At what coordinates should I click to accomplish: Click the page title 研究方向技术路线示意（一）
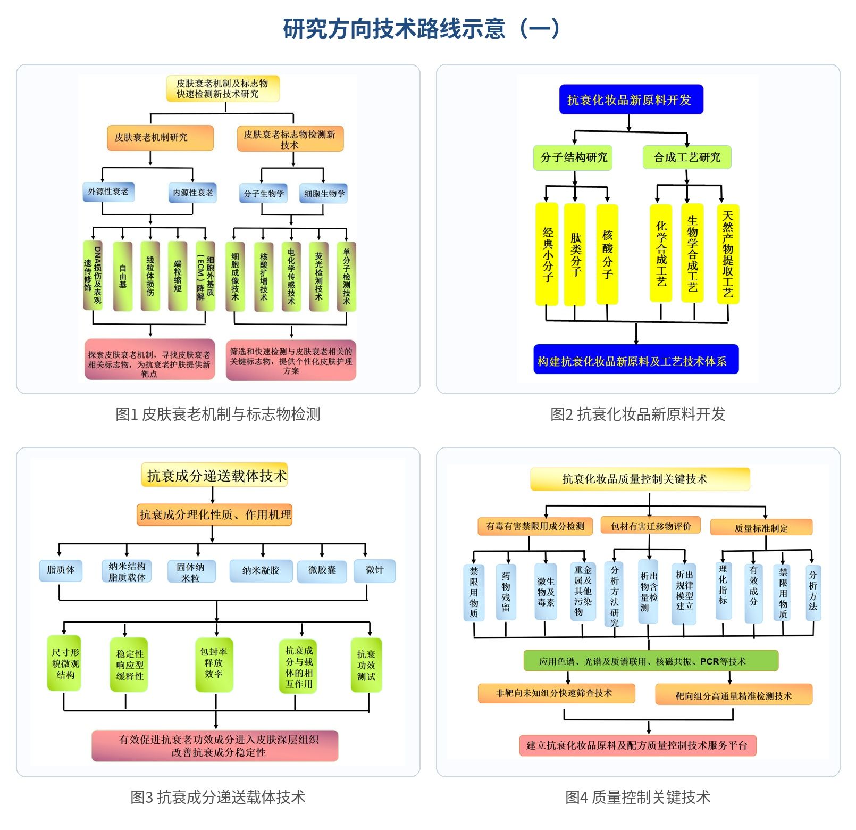[x=421, y=29]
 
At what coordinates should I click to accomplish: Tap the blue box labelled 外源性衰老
[x=108, y=192]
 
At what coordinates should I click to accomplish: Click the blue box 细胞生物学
[x=324, y=194]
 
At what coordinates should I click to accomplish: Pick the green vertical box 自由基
[x=123, y=276]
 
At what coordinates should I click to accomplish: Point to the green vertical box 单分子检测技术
[x=346, y=276]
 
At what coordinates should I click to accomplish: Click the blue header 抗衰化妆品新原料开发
[x=631, y=99]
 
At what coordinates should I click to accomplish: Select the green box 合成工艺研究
[x=687, y=157]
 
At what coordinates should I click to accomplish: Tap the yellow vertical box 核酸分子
[x=607, y=254]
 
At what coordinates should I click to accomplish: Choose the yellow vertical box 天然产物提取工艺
[x=727, y=254]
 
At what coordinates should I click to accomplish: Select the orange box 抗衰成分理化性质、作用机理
[x=215, y=514]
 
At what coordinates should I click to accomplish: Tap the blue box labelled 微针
[x=374, y=570]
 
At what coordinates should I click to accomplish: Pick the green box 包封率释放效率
[x=214, y=663]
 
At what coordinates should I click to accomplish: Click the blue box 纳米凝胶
[x=261, y=570]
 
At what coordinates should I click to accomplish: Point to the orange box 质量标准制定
[x=761, y=527]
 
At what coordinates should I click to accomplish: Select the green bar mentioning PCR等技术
[x=650, y=661]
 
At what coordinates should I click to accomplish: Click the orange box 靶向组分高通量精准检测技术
[x=734, y=695]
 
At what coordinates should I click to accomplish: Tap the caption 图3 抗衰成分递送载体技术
[x=218, y=797]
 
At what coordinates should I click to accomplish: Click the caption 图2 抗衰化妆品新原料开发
[x=637, y=414]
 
